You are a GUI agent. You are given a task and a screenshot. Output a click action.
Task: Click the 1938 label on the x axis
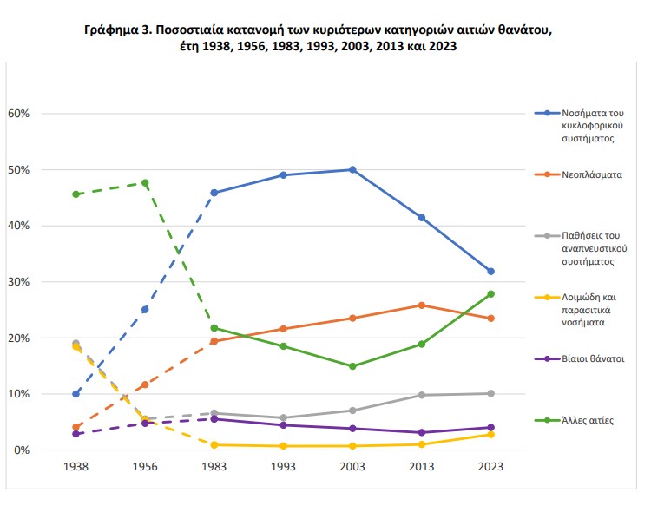point(76,467)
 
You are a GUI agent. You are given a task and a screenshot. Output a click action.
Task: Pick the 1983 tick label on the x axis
point(214,467)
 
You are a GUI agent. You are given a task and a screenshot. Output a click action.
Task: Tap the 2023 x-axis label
point(490,467)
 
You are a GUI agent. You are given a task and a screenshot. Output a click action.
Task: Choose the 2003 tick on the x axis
point(352,467)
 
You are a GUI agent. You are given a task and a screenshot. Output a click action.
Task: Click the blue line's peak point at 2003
point(352,169)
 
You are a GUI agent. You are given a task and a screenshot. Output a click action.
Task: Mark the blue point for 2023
point(490,272)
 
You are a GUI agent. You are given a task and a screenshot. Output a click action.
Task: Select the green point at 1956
point(145,183)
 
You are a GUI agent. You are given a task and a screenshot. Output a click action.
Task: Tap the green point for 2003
point(352,366)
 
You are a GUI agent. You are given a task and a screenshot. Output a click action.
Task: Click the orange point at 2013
point(422,305)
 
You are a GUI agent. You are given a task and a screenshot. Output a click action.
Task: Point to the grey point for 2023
point(490,393)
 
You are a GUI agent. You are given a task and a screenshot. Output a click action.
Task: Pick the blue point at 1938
point(76,394)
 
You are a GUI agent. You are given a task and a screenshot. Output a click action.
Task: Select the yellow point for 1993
point(283,446)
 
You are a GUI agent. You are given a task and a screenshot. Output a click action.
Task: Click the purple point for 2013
point(422,432)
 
